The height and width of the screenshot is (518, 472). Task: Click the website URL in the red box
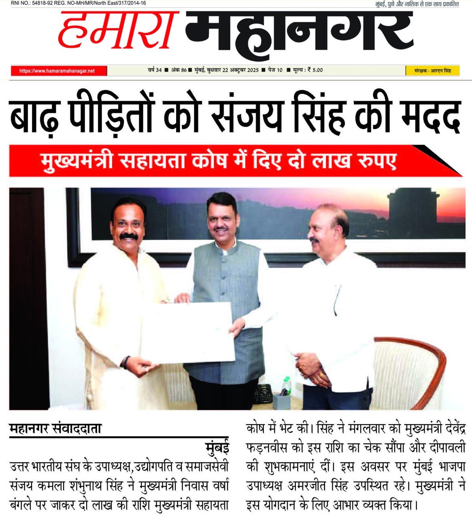[57, 71]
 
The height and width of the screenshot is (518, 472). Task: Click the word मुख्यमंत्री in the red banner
[79, 161]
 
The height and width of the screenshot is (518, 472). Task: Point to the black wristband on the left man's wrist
[127, 362]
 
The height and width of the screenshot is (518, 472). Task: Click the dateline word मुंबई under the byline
[217, 448]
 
